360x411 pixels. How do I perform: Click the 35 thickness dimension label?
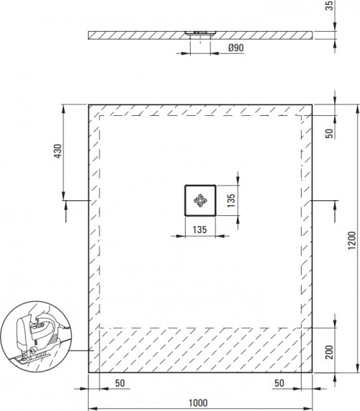[x=349, y=9]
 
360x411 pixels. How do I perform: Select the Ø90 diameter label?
[x=235, y=48]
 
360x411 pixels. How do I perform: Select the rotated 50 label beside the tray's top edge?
[x=329, y=132]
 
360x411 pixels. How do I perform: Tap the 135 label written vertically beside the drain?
[x=231, y=200]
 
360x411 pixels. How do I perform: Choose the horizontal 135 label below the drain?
[x=199, y=230]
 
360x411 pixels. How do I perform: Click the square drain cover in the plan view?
[x=199, y=200]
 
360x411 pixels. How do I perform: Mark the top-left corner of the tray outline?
[x=89, y=105]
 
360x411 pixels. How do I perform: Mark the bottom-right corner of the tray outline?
[x=312, y=372]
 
